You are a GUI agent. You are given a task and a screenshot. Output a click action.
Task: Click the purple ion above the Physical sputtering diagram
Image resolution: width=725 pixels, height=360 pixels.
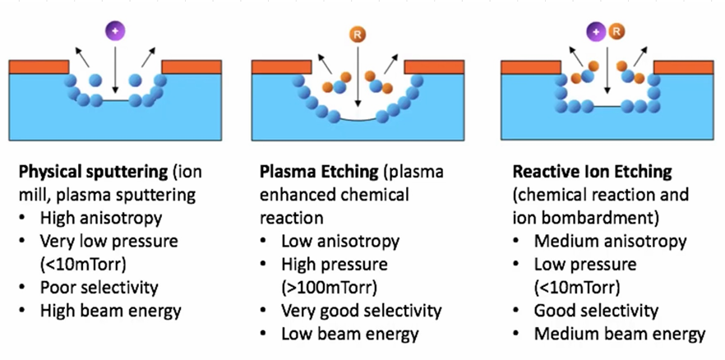tap(115, 31)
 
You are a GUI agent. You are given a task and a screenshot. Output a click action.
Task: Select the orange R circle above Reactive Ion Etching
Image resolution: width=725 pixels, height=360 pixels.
tap(617, 32)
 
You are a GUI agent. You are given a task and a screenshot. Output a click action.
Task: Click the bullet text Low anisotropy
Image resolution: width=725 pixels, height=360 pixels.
tap(340, 242)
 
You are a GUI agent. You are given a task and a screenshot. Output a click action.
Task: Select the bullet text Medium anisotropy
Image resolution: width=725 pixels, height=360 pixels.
tap(610, 242)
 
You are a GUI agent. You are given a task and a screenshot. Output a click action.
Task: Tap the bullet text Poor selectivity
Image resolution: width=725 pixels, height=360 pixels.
tap(99, 288)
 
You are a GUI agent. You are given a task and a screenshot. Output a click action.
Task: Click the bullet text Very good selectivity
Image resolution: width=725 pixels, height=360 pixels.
tap(362, 312)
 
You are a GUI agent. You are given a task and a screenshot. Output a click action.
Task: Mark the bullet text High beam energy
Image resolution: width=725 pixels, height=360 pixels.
tap(110, 311)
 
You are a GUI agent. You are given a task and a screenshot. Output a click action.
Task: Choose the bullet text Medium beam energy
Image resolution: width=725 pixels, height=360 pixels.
tap(620, 334)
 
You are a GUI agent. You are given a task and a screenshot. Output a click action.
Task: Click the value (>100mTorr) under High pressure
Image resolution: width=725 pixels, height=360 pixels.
tap(330, 288)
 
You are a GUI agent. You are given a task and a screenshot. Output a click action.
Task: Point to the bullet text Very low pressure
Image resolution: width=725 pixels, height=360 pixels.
tap(109, 242)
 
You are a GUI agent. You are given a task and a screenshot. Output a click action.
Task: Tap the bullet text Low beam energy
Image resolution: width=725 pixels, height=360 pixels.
tap(350, 334)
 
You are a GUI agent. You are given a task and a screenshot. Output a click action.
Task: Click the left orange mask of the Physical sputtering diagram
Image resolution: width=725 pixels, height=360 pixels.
tap(38, 67)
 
